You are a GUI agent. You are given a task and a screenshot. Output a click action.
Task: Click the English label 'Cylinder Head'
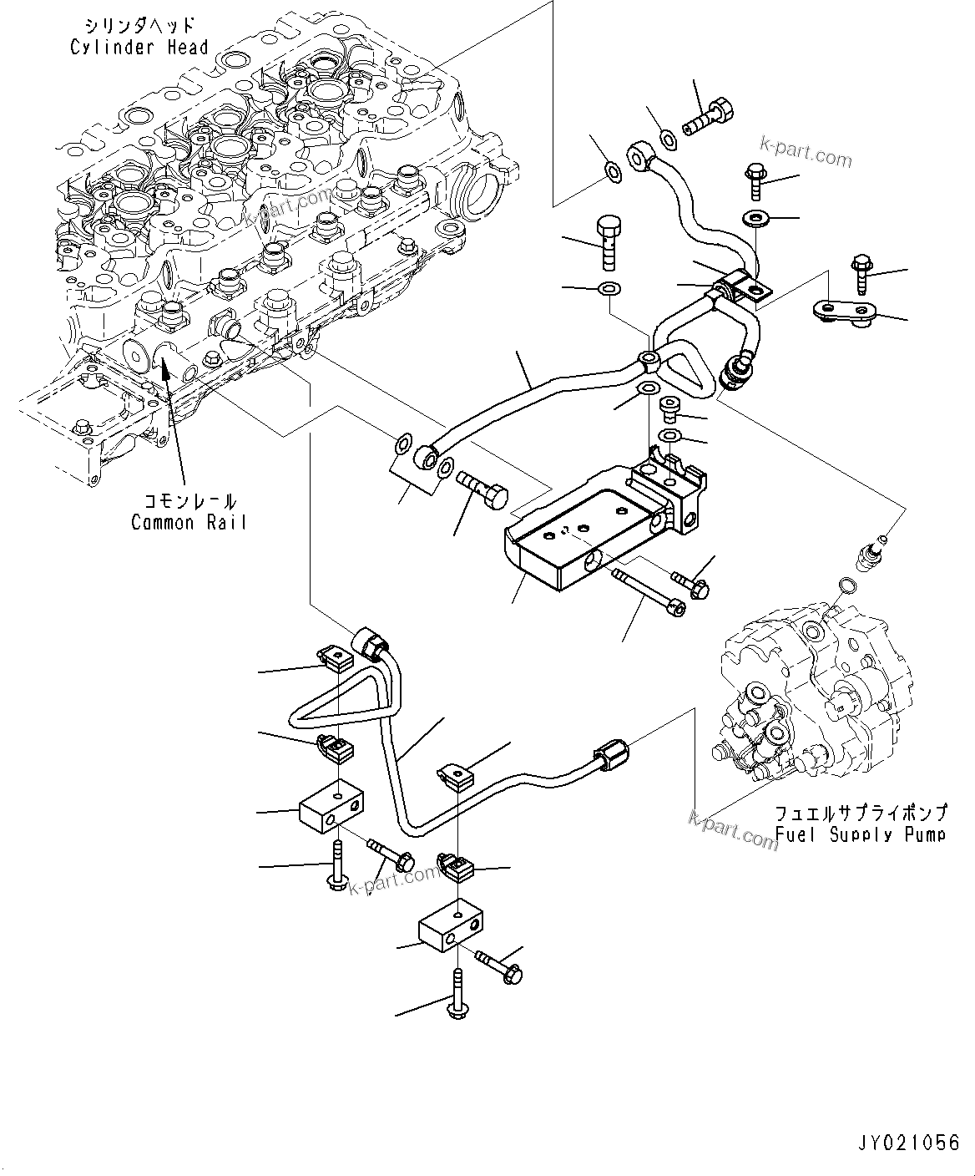[139, 48]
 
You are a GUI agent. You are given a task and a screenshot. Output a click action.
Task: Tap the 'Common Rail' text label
[189, 523]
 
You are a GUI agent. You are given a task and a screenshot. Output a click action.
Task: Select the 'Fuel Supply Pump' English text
[860, 834]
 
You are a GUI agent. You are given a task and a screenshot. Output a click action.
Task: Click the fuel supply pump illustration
[806, 702]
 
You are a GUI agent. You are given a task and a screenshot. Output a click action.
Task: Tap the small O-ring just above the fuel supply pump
[845, 584]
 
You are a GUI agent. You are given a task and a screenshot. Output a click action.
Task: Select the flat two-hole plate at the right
[842, 311]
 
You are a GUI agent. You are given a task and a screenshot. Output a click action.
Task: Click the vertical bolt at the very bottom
[457, 996]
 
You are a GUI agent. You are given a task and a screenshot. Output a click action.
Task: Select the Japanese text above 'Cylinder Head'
[139, 25]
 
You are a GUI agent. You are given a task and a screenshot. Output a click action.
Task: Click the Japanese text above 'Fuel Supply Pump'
[860, 813]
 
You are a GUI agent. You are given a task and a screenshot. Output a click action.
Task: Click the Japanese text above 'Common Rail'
[189, 501]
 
